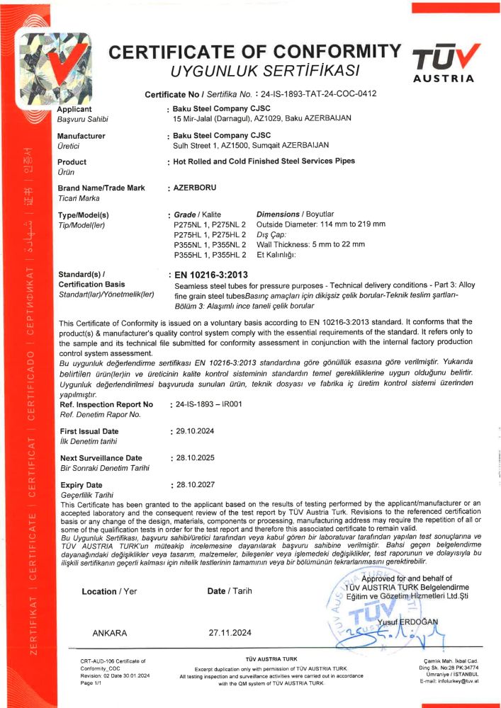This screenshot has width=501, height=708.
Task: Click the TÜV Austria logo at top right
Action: [x=446, y=62]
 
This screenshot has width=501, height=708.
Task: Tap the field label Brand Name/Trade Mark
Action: [x=101, y=188]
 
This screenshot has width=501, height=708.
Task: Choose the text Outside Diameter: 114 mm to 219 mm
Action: [x=320, y=224]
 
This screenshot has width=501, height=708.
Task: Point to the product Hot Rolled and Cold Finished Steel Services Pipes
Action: [x=264, y=161]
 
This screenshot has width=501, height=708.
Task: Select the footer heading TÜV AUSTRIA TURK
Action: [x=271, y=659]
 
